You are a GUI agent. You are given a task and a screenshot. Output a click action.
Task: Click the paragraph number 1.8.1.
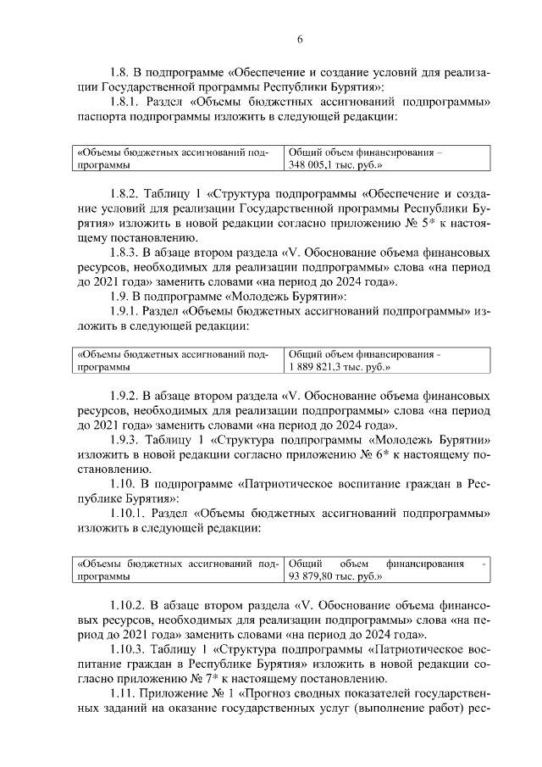126,103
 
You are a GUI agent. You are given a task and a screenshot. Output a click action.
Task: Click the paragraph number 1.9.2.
126,395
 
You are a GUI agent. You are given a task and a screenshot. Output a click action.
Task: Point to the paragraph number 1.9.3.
126,441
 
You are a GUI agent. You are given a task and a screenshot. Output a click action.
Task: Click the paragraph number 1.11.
124,694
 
